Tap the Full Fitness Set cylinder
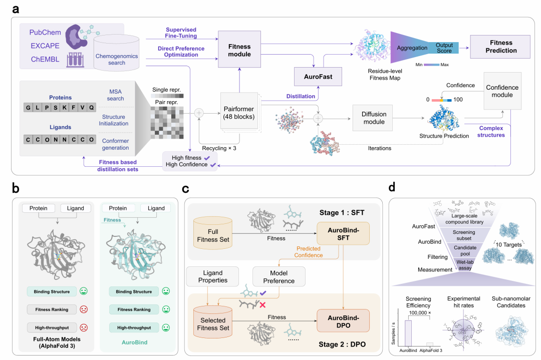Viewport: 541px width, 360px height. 219,235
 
